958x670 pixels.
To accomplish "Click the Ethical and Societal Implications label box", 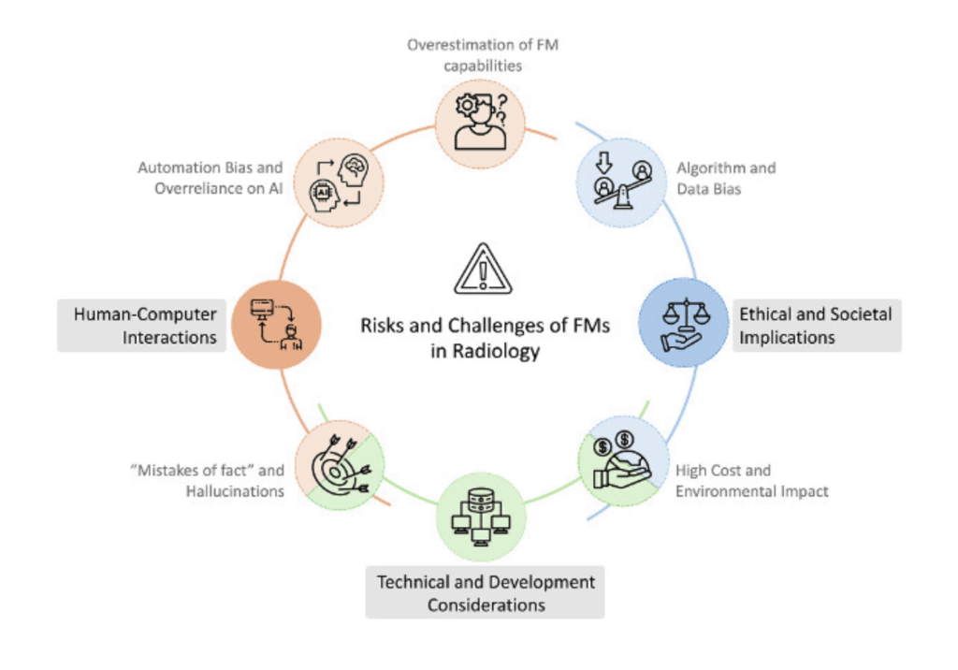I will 815,326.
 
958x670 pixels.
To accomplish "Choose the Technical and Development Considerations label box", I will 486,593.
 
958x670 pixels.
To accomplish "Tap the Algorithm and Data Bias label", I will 726,178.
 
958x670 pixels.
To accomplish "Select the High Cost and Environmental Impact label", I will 752,481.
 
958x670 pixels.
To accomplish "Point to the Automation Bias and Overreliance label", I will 210,178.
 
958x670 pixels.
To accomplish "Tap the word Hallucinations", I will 233,491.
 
